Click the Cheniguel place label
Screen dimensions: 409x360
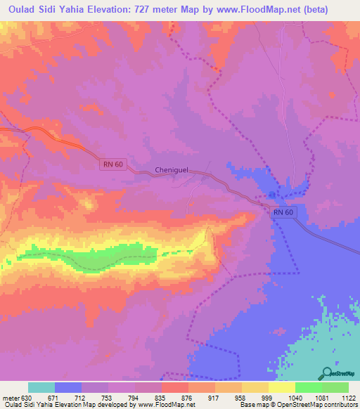(173, 170)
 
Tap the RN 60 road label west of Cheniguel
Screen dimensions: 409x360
(110, 164)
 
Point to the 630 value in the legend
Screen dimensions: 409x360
(27, 397)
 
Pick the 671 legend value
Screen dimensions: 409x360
(60, 397)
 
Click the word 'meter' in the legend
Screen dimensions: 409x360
(10, 397)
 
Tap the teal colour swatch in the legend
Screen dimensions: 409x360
(41, 387)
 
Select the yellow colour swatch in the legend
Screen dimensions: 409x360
(282, 387)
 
